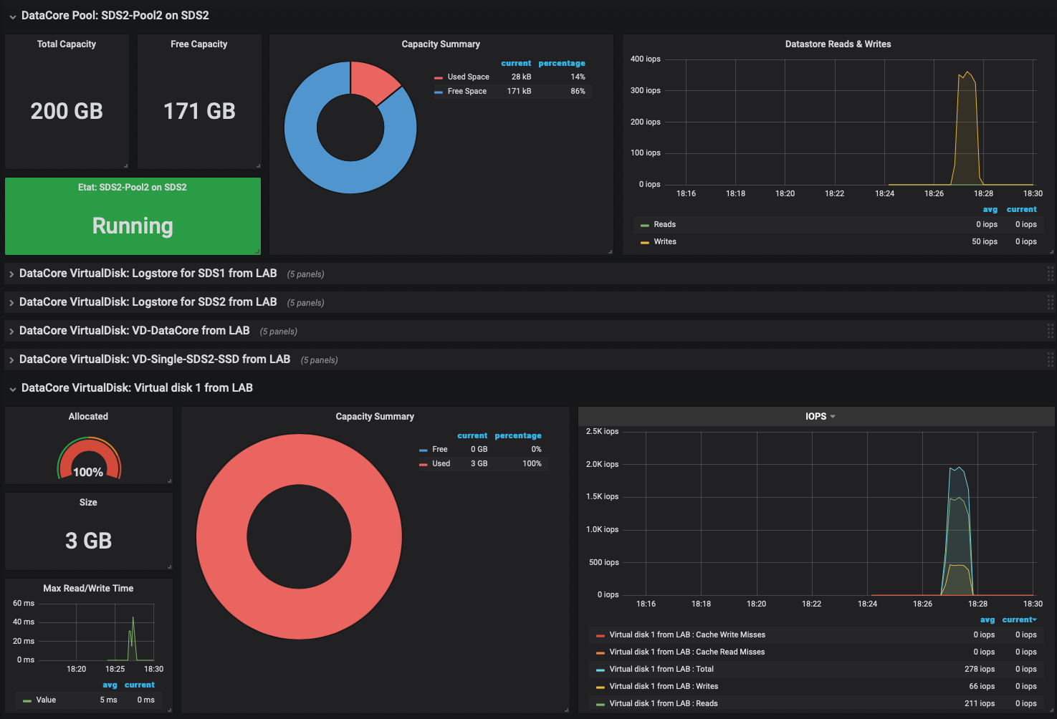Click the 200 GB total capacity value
[x=67, y=111]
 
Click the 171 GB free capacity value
[x=199, y=111]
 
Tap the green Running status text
[x=133, y=226]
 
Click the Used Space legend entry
[x=468, y=77]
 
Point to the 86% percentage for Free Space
[x=578, y=91]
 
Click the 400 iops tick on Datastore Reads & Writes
[x=645, y=59]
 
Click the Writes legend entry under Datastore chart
[x=664, y=241]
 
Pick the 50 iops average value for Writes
[x=985, y=241]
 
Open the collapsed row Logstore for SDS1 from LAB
[x=148, y=274]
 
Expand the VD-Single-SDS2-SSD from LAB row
[x=154, y=359]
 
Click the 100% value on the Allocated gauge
[x=88, y=472]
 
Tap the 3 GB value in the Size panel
[x=88, y=541]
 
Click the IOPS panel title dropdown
[x=820, y=416]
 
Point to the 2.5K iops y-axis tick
[x=602, y=432]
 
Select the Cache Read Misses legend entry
[x=687, y=652]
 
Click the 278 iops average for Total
[x=979, y=669]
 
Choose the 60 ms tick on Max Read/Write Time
[x=24, y=603]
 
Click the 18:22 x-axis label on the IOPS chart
[x=811, y=604]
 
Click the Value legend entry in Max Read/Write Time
[x=46, y=700]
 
